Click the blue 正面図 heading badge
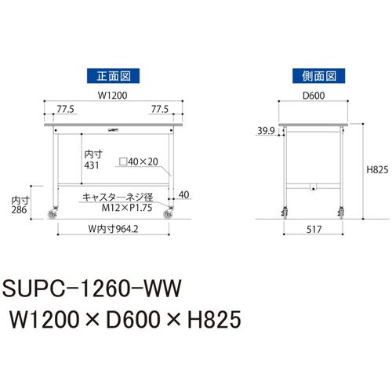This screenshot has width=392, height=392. coord(113,76)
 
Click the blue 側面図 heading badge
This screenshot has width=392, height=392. coord(318,76)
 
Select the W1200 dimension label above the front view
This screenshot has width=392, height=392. coord(113,96)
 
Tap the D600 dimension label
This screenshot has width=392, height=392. coord(314,96)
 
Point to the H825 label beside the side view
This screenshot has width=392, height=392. coord(377,170)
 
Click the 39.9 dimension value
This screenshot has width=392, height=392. coord(266,131)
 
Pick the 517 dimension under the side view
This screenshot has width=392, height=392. coord(314,230)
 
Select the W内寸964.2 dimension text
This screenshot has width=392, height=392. coord(113,229)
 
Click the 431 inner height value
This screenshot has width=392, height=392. coord(92,165)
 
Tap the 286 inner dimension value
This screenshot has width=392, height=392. coord(19,209)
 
